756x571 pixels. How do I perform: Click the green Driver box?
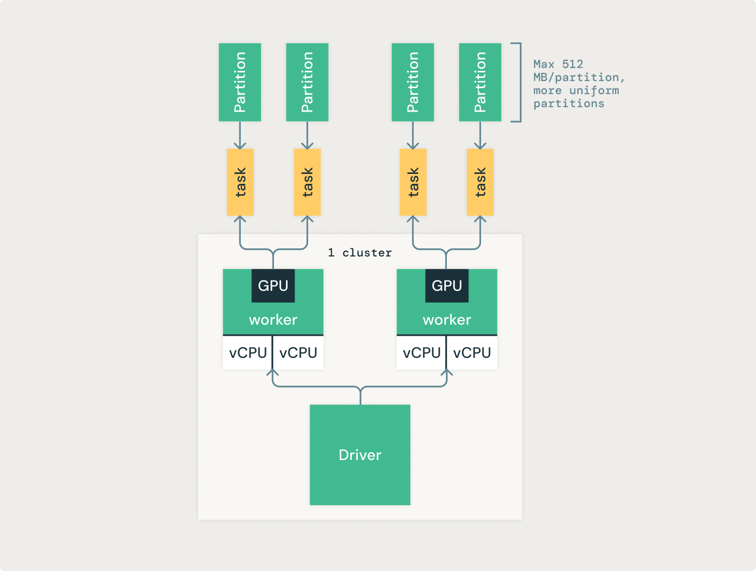pos(360,455)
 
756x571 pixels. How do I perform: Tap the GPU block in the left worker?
pos(273,285)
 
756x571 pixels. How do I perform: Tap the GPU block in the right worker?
pos(446,285)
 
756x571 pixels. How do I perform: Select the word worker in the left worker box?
pos(273,320)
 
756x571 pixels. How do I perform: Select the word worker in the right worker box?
pos(446,320)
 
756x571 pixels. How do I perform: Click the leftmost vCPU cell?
pos(247,353)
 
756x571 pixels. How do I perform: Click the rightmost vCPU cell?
pos(471,353)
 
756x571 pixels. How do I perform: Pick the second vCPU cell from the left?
pos(298,353)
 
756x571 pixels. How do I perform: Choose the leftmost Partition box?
pos(240,82)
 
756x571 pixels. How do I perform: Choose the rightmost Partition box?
pos(480,82)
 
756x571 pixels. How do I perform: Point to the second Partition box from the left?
pos(307,82)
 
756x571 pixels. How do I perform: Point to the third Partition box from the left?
pos(413,82)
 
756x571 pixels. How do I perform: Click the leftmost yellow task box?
pos(240,182)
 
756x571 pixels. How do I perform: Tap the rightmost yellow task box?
pos(480,182)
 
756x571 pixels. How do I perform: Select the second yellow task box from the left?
pos(307,182)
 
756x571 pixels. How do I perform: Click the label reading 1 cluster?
pos(359,253)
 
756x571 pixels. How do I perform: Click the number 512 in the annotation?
pos(573,64)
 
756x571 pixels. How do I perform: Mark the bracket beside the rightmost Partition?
pos(519,82)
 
